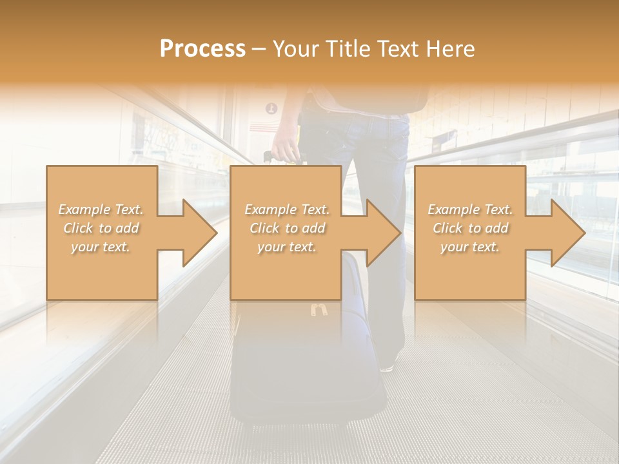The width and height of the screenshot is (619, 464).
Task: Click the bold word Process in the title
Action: click(202, 49)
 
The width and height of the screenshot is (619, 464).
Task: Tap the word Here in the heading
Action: click(451, 49)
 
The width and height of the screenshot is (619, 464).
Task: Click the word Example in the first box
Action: click(84, 209)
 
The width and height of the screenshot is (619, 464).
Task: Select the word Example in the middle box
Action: click(270, 209)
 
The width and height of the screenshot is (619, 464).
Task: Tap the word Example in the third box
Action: click(453, 209)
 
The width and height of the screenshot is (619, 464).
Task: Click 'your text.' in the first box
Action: click(101, 247)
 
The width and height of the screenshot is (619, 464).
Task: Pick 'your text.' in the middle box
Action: click(286, 247)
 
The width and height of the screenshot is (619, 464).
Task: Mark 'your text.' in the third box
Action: click(469, 247)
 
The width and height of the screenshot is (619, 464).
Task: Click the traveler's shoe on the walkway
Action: click(387, 366)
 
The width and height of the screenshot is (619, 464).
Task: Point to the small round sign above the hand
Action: click(271, 108)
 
